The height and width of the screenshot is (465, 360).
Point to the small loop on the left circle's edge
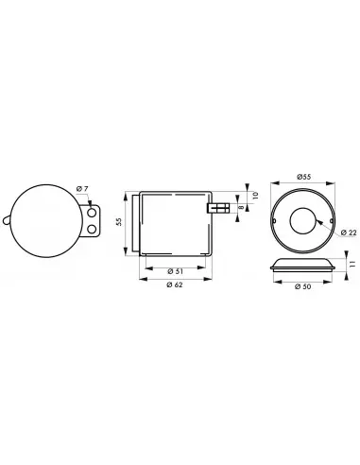pos(9,222)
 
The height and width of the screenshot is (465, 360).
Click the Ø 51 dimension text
pos(174,272)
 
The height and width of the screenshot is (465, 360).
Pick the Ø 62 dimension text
pos(174,286)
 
